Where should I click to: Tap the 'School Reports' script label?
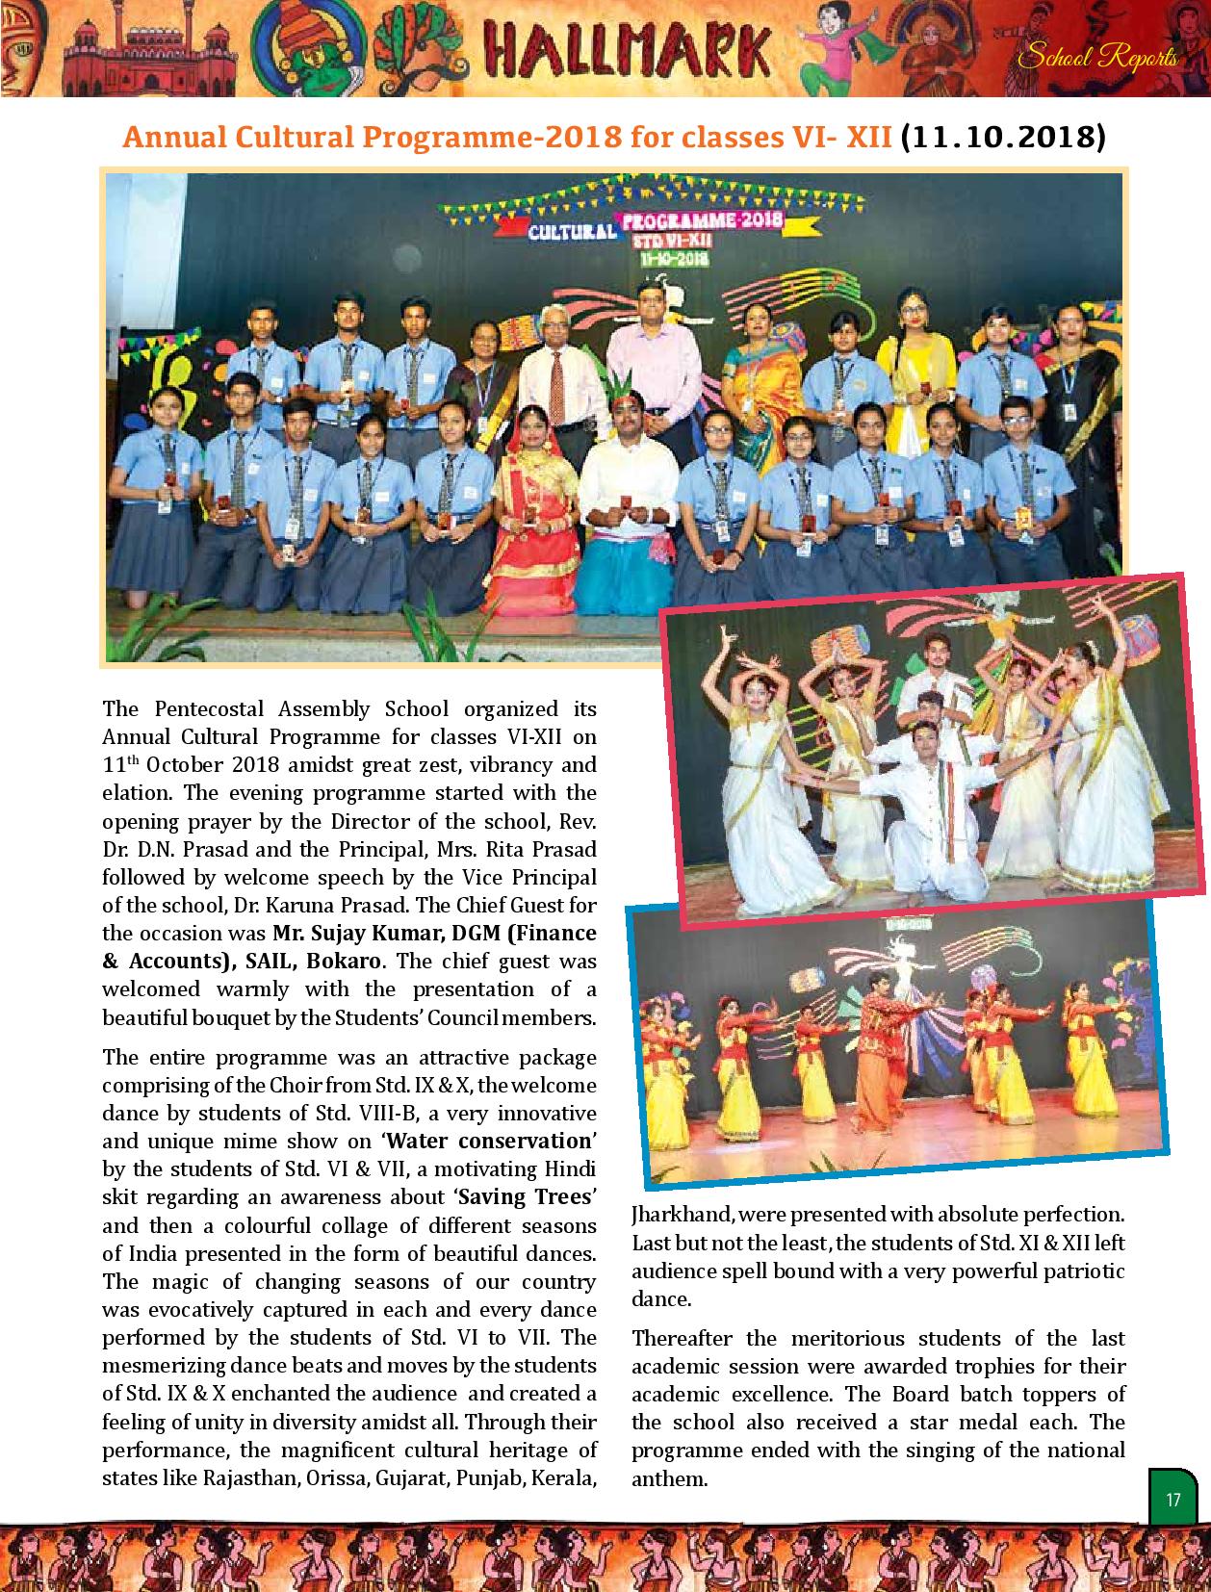[x=1097, y=58]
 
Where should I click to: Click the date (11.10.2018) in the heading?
[x=1001, y=138]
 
